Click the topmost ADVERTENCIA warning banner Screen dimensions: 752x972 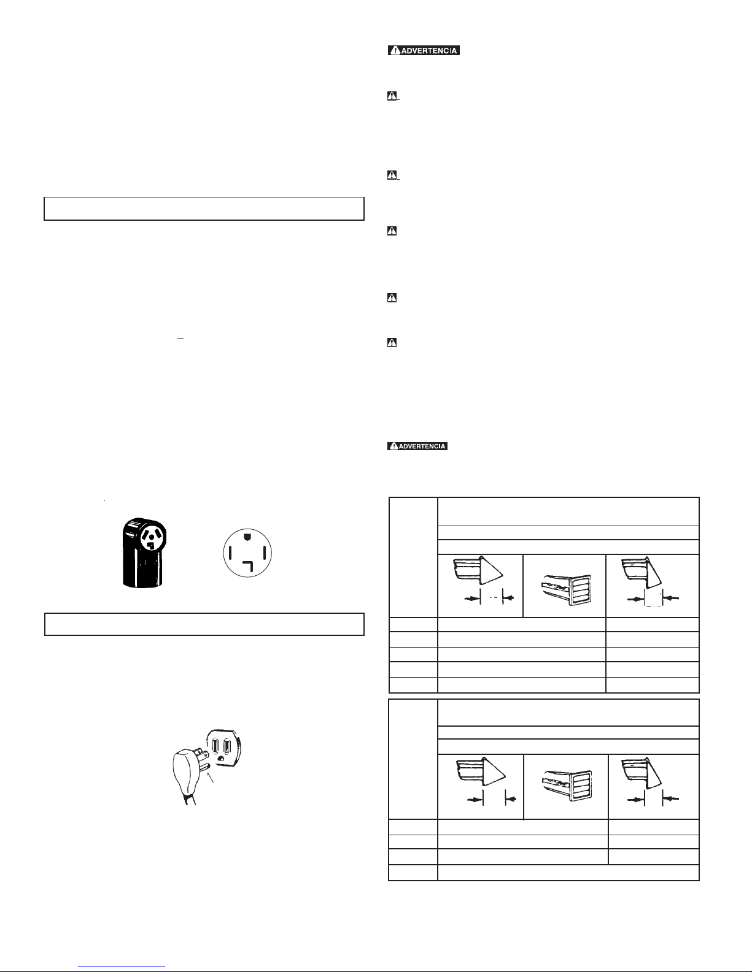click(424, 50)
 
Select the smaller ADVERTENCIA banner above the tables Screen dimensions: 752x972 click(417, 446)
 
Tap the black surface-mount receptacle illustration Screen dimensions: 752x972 click(144, 553)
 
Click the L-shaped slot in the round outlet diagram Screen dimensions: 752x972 click(249, 566)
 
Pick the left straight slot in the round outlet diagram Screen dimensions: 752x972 click(230, 553)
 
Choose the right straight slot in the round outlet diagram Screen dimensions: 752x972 click(265, 553)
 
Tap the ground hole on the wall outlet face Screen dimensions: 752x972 click(221, 759)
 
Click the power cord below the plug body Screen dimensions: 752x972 click(188, 798)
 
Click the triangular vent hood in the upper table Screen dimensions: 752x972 click(479, 570)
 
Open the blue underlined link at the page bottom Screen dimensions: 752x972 click(122, 966)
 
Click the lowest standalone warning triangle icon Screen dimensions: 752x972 click(392, 343)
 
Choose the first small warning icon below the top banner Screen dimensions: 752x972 click(392, 96)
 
